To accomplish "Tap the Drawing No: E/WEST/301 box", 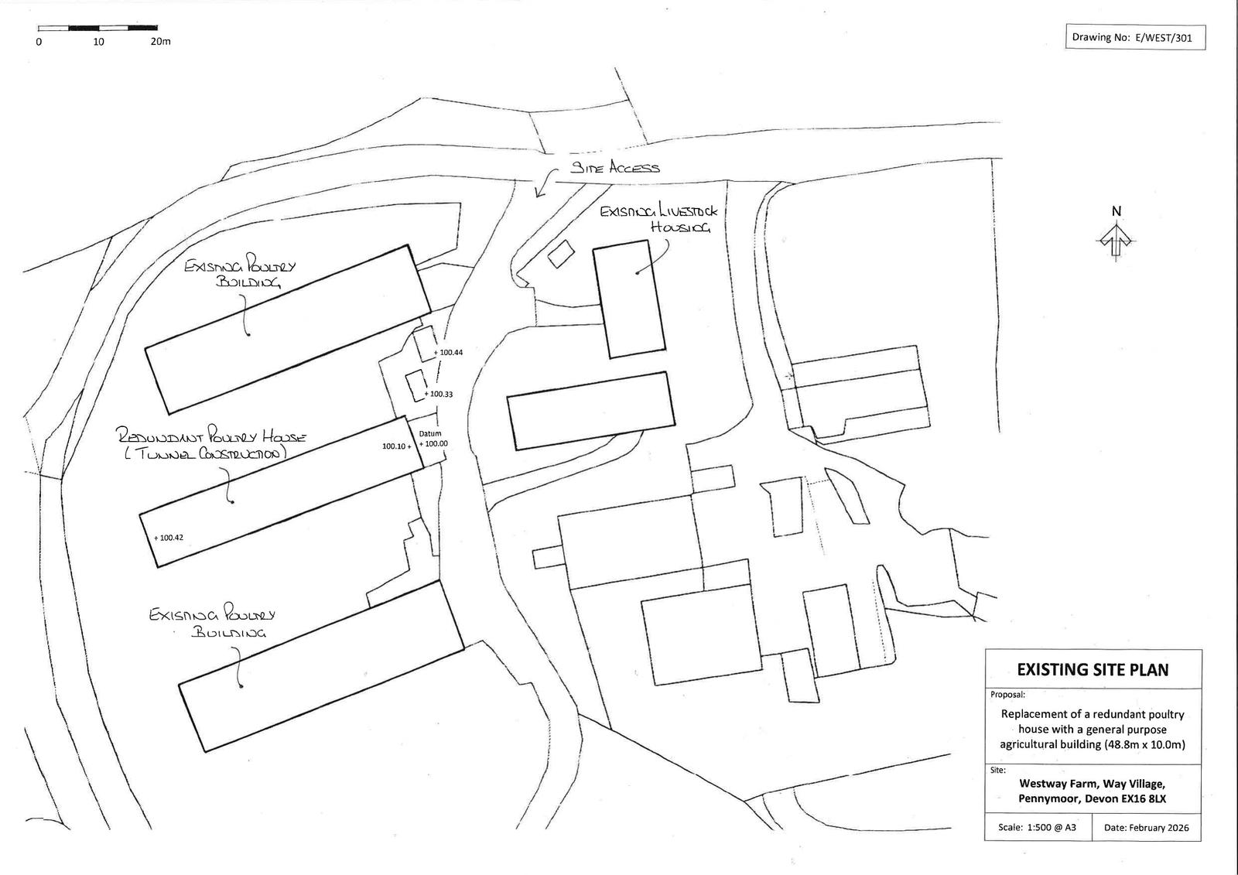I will tap(1135, 37).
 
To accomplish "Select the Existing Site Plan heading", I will tap(1093, 670).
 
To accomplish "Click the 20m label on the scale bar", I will tap(160, 42).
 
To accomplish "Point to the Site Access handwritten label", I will tap(615, 167).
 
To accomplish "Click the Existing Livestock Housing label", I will tap(659, 218).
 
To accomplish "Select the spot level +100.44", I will tap(449, 353).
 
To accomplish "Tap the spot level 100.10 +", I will tap(397, 446).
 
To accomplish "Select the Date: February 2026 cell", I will tap(1146, 827).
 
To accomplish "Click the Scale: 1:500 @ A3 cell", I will tap(1037, 827).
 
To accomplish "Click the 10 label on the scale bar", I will tap(99, 42).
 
